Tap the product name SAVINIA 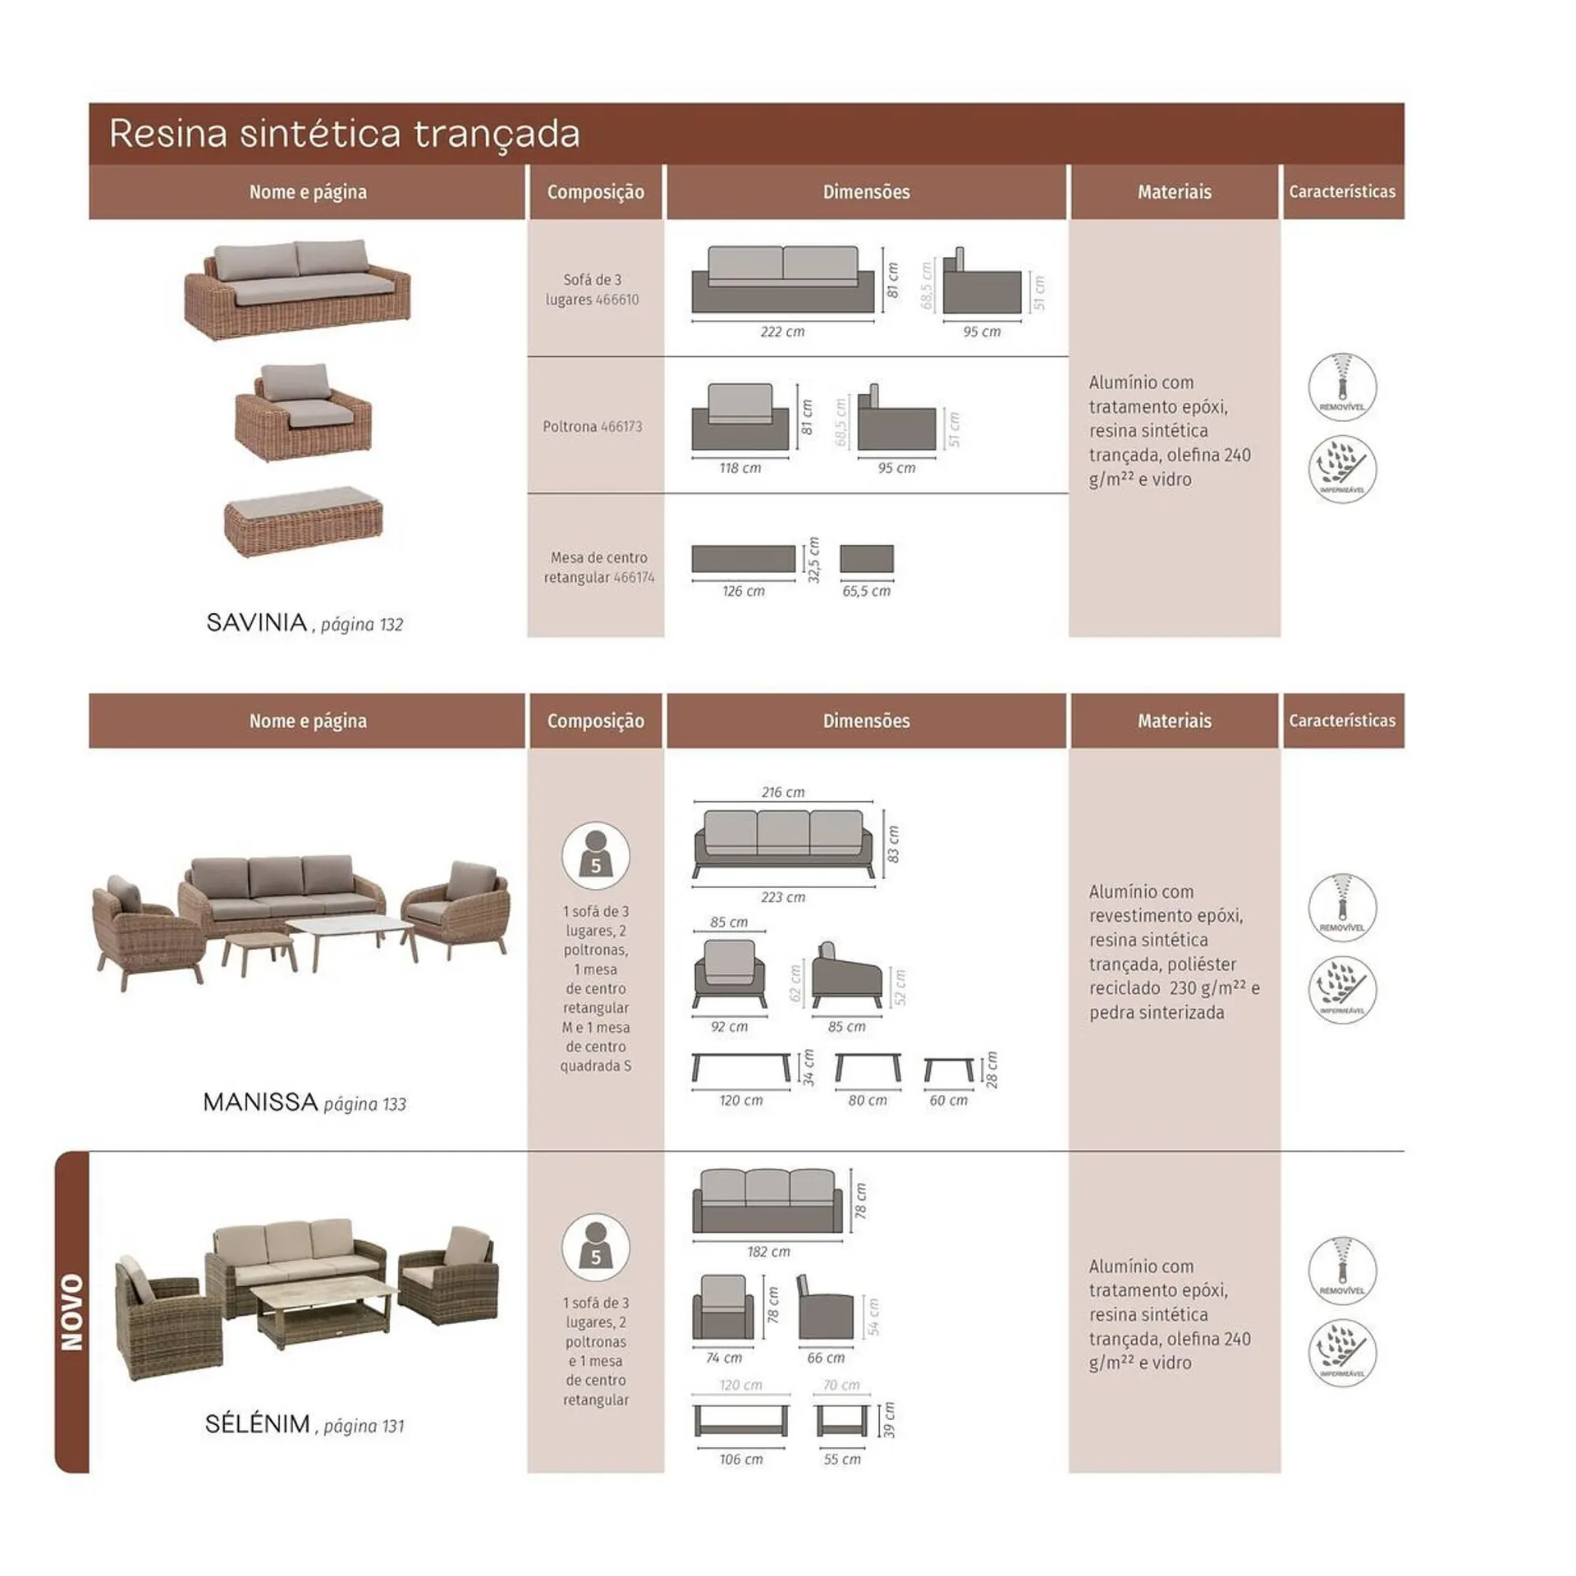pos(257,623)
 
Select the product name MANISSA pos(260,1102)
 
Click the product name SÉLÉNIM pos(258,1424)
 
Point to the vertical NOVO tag pos(72,1313)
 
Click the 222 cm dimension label pos(782,332)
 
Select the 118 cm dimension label pos(740,468)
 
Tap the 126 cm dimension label pos(743,591)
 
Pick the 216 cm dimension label pos(782,792)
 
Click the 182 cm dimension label pos(768,1252)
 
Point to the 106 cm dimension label pos(740,1459)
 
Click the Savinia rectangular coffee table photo pos(304,522)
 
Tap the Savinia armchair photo pos(303,412)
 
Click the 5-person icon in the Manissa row pos(596,855)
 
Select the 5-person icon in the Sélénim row pos(596,1247)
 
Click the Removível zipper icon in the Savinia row pos(1342,387)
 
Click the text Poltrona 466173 pos(593,427)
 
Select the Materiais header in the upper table pos(1174,192)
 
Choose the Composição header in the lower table pos(595,722)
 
